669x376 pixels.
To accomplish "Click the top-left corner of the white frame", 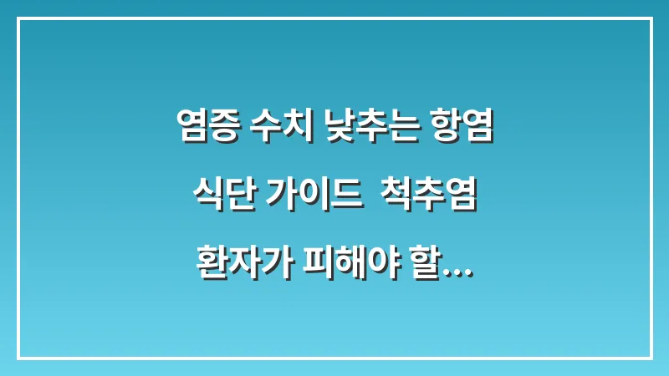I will pyautogui.click(x=18, y=18).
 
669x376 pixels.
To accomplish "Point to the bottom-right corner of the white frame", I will pyautogui.click(x=651, y=358).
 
